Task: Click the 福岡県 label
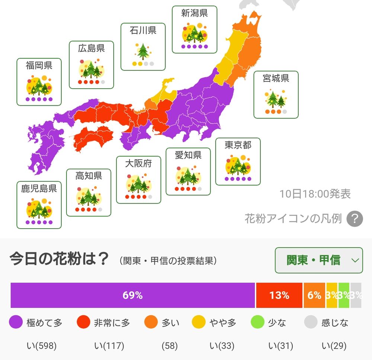[x=39, y=66]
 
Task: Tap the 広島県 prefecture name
[x=92, y=48]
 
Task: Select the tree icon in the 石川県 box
[x=143, y=51]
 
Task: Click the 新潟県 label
[x=195, y=13]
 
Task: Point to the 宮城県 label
[x=276, y=78]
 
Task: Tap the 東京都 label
[x=238, y=145]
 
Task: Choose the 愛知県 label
[x=188, y=155]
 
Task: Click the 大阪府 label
[x=138, y=163]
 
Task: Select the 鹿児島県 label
[x=39, y=188]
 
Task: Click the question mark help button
[x=355, y=219]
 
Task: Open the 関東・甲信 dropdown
[x=319, y=260]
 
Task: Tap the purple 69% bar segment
[x=132, y=295]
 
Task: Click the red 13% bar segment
[x=279, y=295]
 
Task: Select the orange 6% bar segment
[x=314, y=295]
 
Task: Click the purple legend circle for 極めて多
[x=16, y=322]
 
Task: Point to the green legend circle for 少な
[x=258, y=322]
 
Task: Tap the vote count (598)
[x=41, y=346]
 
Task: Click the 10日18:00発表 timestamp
[x=315, y=194]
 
